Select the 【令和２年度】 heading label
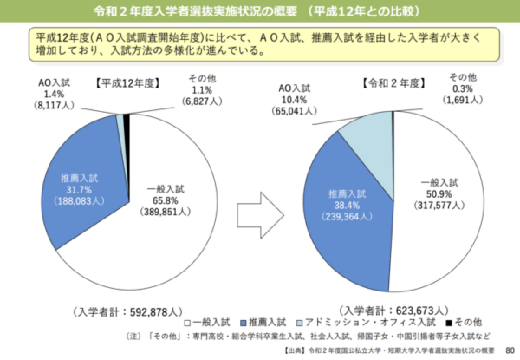click(392, 83)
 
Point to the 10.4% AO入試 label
click(297, 100)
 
